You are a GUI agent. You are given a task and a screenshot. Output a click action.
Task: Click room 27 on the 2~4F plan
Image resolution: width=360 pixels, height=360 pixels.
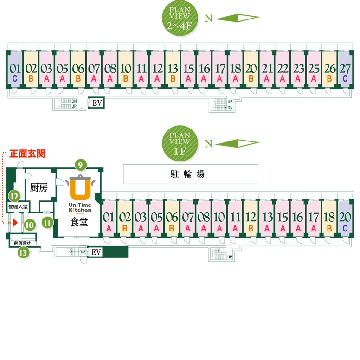click(345, 73)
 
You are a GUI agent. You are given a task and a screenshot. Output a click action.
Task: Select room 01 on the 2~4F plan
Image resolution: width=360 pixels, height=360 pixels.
click(15, 73)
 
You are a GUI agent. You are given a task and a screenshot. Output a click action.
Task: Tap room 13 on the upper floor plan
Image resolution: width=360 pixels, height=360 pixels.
click(173, 73)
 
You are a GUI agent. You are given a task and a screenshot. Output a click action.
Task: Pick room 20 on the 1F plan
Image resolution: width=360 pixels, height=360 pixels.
click(345, 220)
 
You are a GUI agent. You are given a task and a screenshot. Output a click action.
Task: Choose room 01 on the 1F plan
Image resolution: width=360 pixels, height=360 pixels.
click(109, 220)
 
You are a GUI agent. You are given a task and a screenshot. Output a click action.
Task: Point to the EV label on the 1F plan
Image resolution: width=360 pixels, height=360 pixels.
click(96, 252)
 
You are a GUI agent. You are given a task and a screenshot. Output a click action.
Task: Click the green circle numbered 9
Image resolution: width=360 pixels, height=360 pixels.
click(81, 164)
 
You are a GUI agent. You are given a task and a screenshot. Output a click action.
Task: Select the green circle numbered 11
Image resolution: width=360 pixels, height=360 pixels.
click(47, 223)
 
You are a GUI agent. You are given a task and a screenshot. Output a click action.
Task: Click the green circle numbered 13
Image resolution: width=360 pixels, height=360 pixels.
click(22, 252)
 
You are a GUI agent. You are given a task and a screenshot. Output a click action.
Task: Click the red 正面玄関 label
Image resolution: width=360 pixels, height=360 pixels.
click(29, 152)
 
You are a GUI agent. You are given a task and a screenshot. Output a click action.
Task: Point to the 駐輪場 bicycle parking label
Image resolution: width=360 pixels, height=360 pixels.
click(191, 174)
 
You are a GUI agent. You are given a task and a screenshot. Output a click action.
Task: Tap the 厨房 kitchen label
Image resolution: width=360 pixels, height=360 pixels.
click(39, 188)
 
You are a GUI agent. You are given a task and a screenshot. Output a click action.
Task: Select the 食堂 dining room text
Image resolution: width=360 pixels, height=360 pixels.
click(80, 222)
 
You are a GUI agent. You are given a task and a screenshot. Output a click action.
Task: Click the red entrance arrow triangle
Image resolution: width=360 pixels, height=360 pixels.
click(15, 223)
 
